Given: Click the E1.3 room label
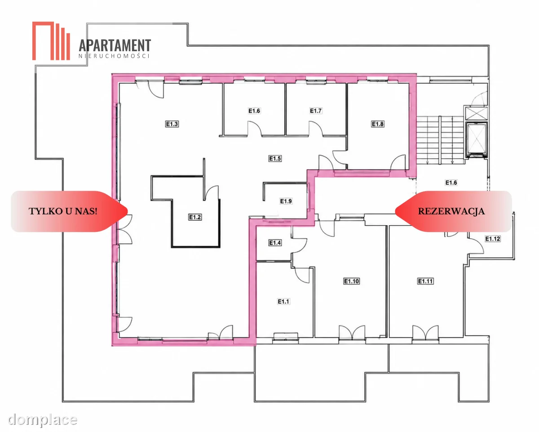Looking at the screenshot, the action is [x=172, y=124].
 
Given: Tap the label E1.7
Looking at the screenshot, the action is [x=316, y=111].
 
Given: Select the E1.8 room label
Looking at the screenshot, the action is [x=378, y=124].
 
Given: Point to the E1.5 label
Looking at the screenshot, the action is [x=275, y=158].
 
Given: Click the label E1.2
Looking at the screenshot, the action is [x=195, y=217].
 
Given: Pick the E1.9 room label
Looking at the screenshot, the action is [x=286, y=201].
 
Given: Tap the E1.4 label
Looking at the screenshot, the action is [x=275, y=243].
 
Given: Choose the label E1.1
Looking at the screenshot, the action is [x=283, y=301].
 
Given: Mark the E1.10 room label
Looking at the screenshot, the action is [x=351, y=281].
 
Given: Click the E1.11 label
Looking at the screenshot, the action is [x=425, y=281].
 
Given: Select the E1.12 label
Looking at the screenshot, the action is [x=493, y=239].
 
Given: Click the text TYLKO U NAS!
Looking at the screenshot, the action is [x=63, y=211].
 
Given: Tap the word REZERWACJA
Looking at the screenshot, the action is [x=451, y=211].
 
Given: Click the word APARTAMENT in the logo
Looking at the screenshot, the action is [x=115, y=45].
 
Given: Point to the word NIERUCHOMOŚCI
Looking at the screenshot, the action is [x=114, y=56].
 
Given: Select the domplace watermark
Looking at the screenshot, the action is [x=42, y=419].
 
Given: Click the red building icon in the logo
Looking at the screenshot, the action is [x=51, y=41].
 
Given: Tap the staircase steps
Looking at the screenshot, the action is [x=440, y=140].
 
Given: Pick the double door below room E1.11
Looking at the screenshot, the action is [x=425, y=332].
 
